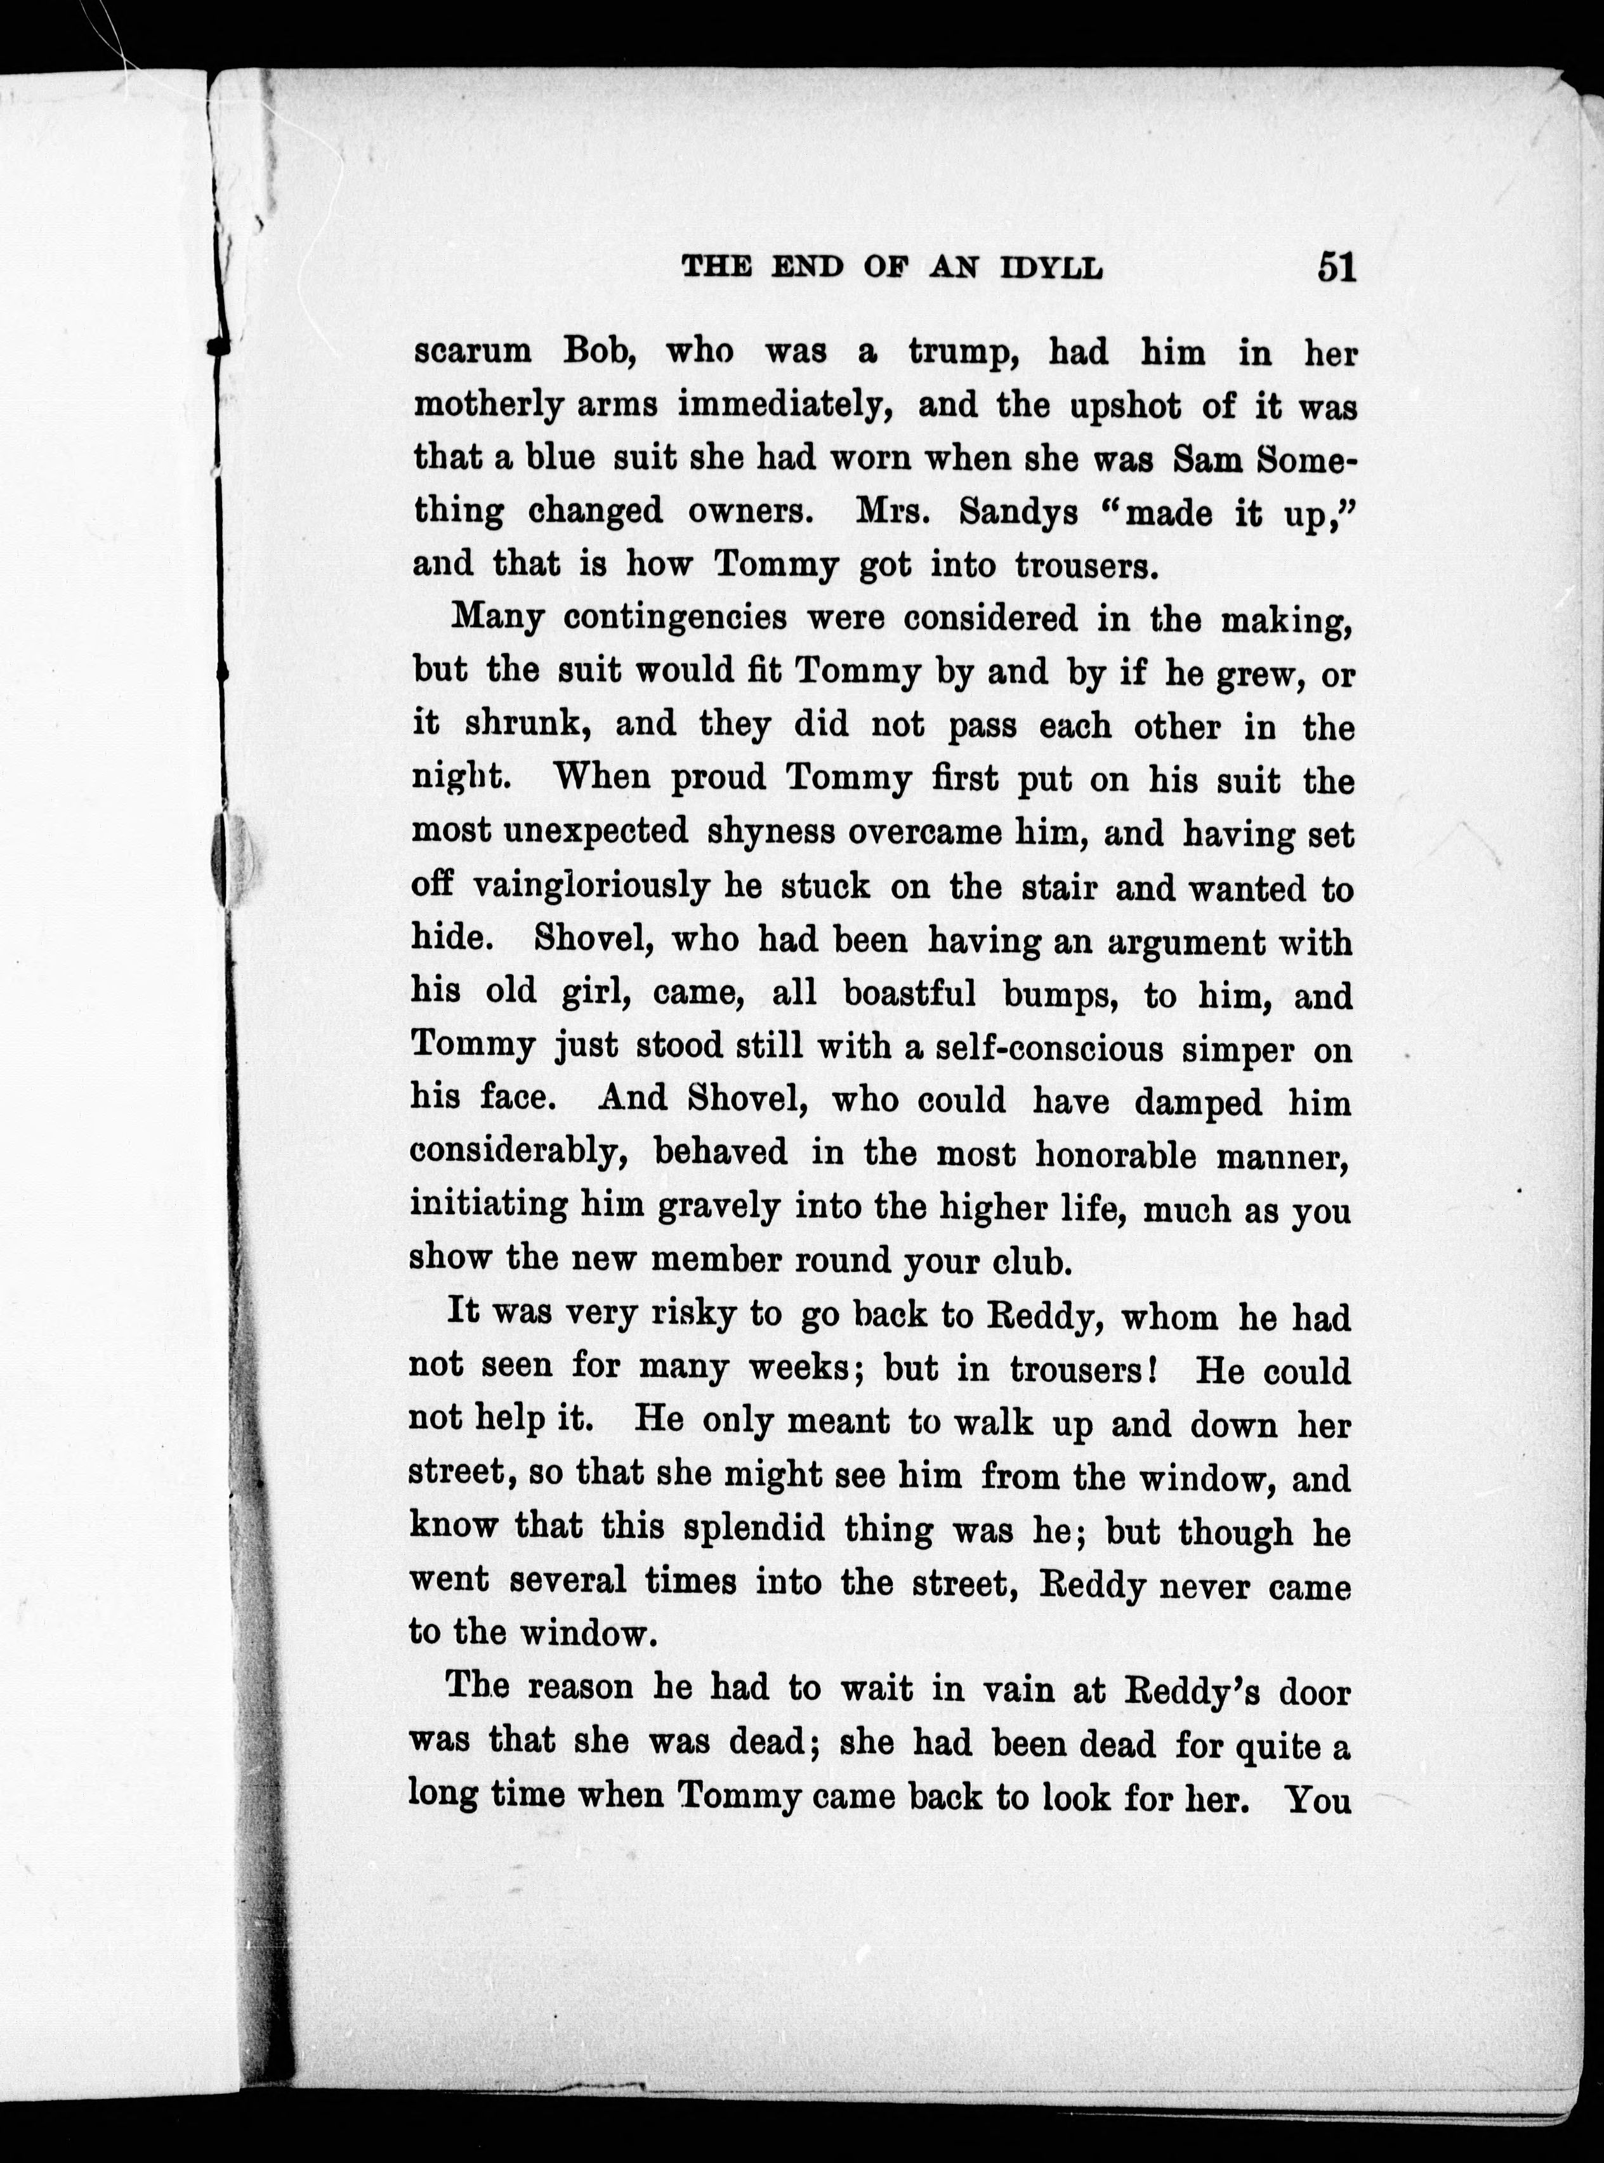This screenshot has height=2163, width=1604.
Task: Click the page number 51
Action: pyautogui.click(x=1336, y=265)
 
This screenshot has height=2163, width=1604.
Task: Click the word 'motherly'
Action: pyautogui.click(x=487, y=405)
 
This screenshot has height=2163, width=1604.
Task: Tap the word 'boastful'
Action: pyautogui.click(x=909, y=994)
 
